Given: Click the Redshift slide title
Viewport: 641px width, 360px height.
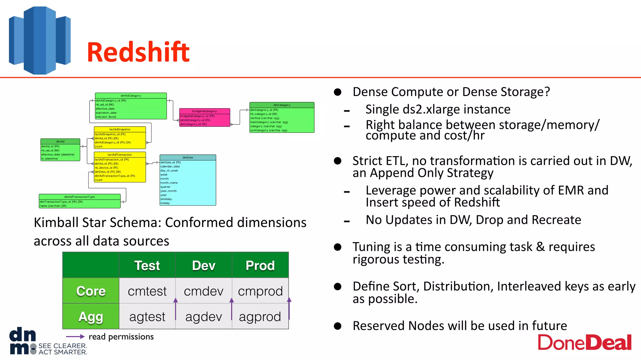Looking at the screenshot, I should point(138,52).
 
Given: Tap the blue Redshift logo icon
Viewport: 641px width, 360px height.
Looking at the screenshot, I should point(40,41).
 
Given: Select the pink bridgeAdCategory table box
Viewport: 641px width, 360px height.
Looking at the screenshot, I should point(205,117).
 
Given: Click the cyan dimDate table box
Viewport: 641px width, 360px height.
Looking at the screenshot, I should point(188,180).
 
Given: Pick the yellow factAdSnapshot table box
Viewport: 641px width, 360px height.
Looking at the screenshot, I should point(120,137).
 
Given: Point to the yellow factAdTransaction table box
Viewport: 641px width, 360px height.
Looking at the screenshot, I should point(120,167).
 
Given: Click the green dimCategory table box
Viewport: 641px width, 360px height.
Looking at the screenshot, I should point(282,117).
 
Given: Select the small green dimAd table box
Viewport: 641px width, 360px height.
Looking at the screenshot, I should point(60,150).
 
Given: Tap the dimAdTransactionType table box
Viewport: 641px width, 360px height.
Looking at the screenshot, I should point(79,201).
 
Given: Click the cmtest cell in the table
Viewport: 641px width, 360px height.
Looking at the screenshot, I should point(147,291).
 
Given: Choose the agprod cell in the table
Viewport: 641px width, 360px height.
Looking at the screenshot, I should point(260,317).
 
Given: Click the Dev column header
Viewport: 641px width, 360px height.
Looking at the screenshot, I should point(204,265).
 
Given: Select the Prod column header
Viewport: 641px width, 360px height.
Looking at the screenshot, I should point(260,265).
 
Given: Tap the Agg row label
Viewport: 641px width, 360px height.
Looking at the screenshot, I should point(91,317).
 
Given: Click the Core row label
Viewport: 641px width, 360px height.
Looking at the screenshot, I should point(91,291).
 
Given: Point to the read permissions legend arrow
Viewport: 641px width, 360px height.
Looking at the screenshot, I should point(75,337).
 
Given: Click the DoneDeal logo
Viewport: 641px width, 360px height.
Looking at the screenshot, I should point(584,343).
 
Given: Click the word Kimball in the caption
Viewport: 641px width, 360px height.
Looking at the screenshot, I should point(56,222).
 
